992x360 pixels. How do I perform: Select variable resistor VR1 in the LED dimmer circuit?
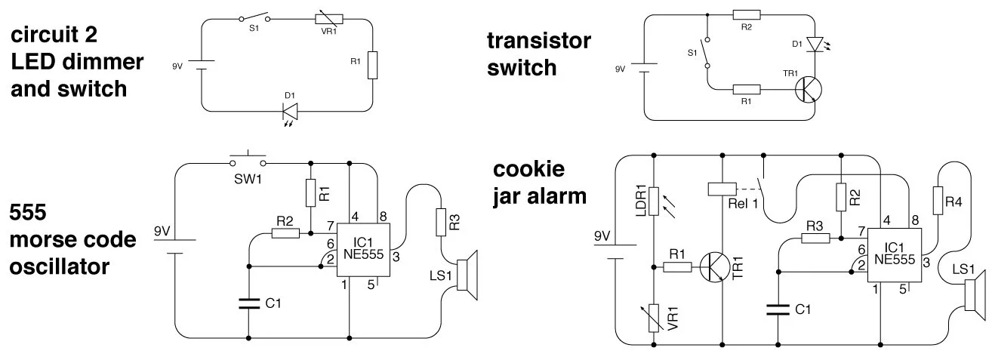[x=328, y=20]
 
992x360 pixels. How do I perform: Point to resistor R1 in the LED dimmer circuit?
[x=372, y=66]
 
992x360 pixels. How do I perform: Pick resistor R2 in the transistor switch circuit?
[x=746, y=14]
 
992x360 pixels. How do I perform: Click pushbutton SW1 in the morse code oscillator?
[x=248, y=161]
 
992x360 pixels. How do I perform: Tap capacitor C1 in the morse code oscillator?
[x=248, y=304]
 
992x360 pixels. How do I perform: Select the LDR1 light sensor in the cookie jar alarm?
[x=654, y=202]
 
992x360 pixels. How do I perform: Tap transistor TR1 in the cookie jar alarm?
[x=713, y=266]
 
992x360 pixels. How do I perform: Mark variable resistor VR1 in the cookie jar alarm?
[x=654, y=317]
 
